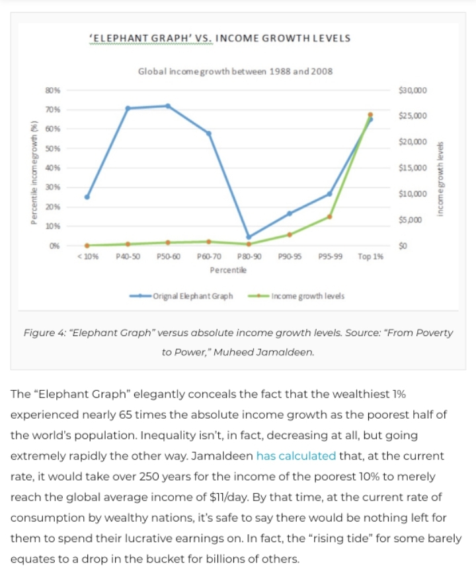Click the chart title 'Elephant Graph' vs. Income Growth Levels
pos(219,38)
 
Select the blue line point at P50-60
pos(168,106)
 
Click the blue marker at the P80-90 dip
pos(249,236)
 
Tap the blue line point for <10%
pos(87,197)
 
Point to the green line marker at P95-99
pos(329,217)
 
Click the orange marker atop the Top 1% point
pos(370,115)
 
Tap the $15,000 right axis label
pos(413,168)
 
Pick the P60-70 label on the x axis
pos(209,256)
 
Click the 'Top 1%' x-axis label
pos(370,256)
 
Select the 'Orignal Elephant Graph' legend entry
pos(192,296)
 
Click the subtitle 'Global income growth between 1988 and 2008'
pos(235,71)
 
